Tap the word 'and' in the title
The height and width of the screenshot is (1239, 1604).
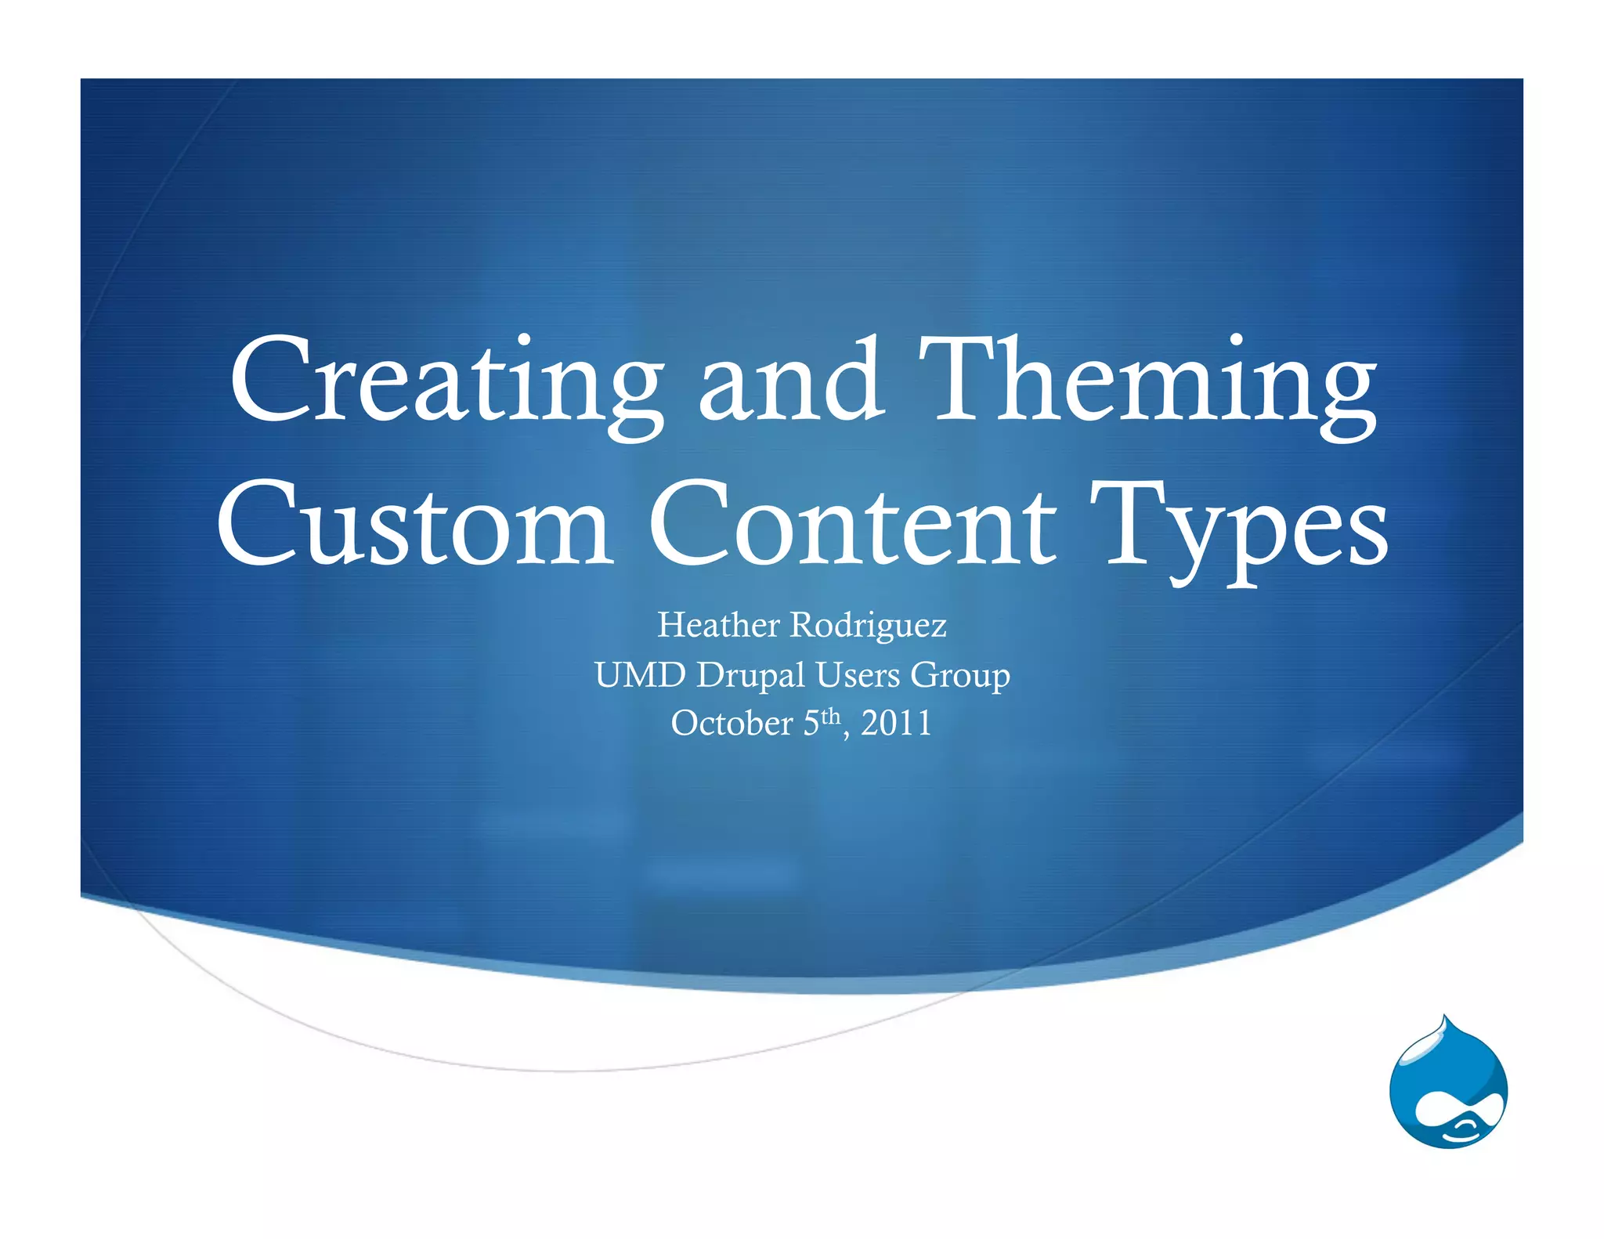tap(791, 380)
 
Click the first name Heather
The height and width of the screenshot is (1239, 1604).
tap(718, 625)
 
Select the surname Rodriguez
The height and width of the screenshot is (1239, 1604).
tap(868, 625)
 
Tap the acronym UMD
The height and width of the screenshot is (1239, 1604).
tap(640, 674)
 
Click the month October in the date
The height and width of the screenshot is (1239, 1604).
tap(732, 723)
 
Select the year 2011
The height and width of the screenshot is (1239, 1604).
tap(896, 723)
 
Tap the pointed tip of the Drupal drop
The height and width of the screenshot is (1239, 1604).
tap(1445, 1018)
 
